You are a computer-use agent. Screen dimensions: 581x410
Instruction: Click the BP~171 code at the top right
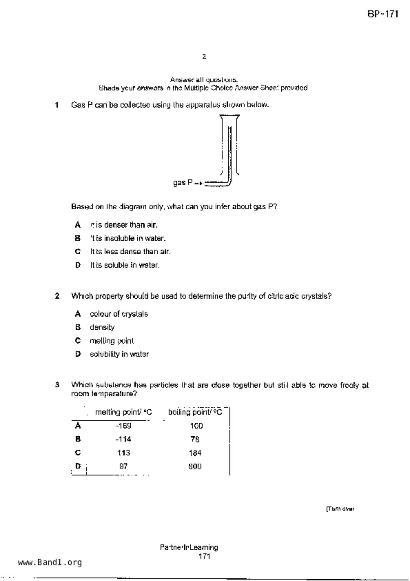coord(383,14)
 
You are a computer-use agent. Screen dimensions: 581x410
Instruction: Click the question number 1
coord(57,105)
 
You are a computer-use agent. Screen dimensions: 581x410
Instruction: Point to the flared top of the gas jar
coord(229,116)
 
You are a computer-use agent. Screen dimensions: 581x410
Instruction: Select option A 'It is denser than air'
coord(123,225)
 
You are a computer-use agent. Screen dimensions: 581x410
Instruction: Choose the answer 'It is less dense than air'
coord(130,251)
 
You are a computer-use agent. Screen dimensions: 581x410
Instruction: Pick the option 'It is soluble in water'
coord(125,265)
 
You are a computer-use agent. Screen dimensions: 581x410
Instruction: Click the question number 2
coord(57,296)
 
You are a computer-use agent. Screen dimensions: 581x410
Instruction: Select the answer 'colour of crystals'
coord(119,314)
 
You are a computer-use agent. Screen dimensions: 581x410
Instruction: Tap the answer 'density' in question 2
coord(102,327)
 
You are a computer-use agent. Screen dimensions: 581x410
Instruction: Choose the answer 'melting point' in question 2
coord(112,341)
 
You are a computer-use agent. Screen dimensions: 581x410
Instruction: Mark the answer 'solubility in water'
coord(119,354)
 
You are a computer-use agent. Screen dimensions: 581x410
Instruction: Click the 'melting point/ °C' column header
coord(123,412)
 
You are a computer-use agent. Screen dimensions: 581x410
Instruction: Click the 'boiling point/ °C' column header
coord(195,412)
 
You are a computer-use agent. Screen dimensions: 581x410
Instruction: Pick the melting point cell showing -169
coord(123,426)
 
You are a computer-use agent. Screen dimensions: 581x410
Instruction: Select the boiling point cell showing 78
coord(195,439)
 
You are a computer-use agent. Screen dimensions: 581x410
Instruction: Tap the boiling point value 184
coord(195,453)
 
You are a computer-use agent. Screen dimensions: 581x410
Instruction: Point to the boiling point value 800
coord(195,466)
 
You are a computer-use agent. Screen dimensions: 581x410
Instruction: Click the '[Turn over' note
coord(340,509)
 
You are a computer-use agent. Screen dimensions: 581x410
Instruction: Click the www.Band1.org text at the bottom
coord(50,562)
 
